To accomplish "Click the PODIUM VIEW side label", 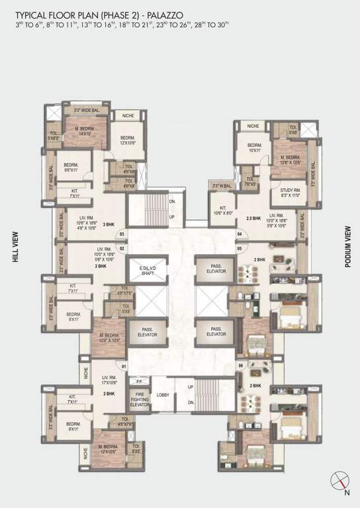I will tap(347, 246).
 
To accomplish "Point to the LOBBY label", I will tap(163, 395).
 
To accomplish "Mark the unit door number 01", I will tap(123, 365).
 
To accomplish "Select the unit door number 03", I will tap(122, 233).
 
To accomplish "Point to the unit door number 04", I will tap(239, 233).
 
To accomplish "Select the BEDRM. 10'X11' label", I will tap(255, 148).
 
